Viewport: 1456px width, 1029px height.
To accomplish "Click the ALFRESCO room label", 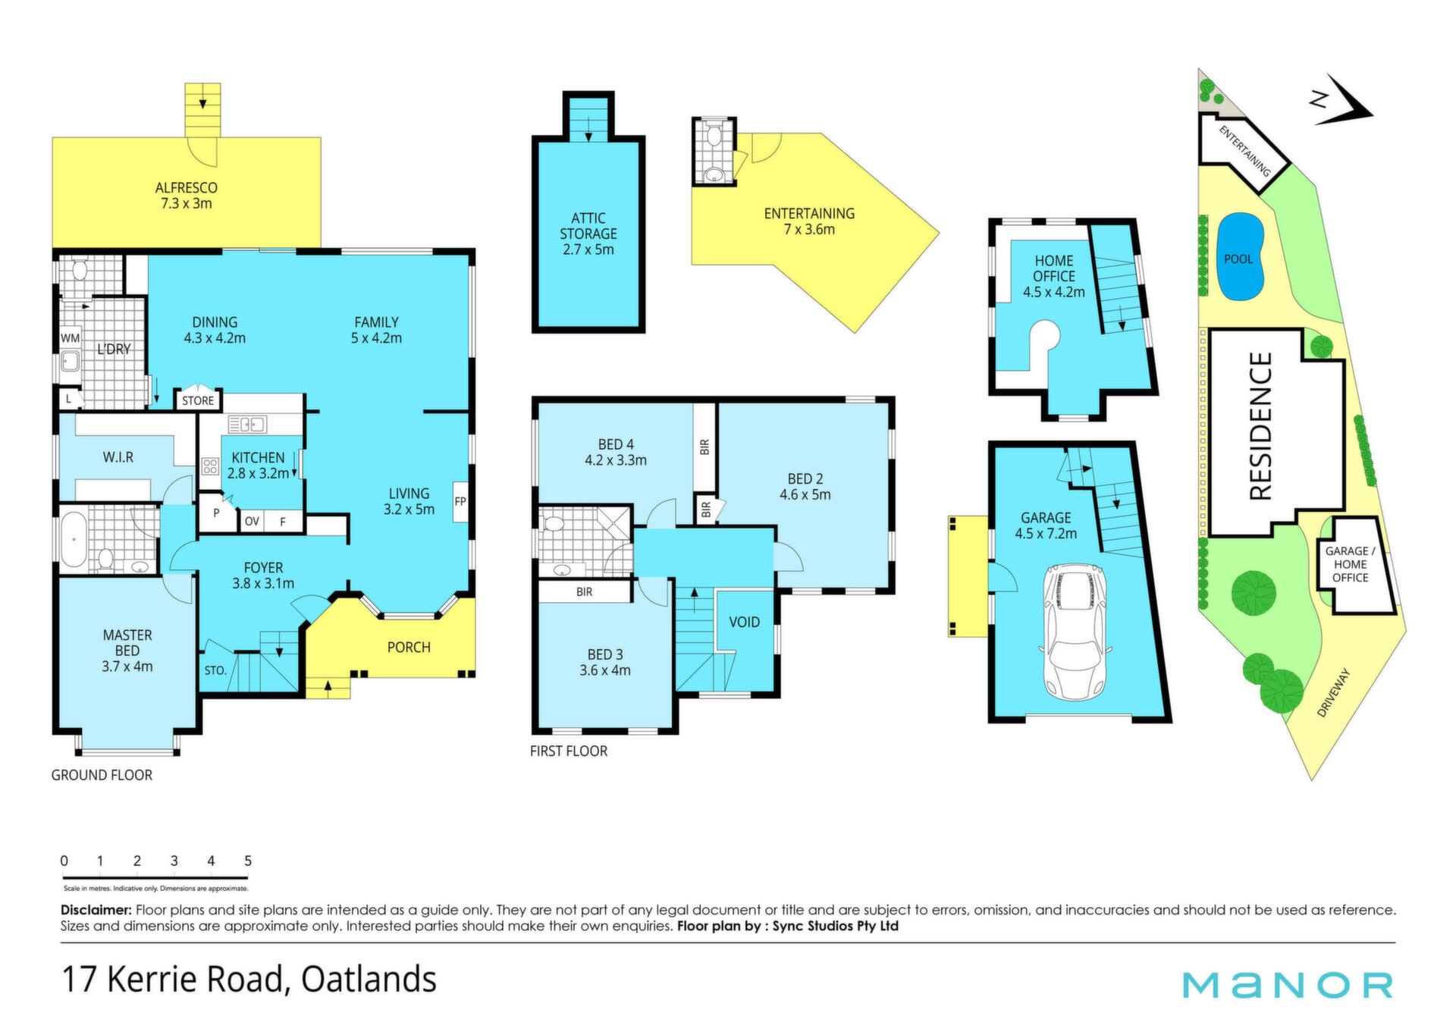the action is (186, 187).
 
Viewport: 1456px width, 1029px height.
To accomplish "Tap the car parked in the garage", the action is (1076, 631).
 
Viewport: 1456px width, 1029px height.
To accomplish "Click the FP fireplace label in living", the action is (460, 501).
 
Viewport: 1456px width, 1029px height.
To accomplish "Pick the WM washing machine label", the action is (70, 338).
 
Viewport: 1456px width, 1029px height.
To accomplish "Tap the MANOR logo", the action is (1288, 984).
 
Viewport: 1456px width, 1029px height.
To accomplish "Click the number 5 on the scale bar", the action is (248, 861).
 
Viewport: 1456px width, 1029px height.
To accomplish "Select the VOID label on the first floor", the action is (744, 622).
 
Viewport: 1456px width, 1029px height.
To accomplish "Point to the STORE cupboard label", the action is (198, 400).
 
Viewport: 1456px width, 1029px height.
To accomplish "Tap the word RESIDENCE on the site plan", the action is (1260, 425).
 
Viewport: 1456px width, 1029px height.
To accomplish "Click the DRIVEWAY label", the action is (1334, 692).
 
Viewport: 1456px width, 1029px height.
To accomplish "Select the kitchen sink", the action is (247, 424).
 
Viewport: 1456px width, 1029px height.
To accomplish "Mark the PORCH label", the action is (409, 647).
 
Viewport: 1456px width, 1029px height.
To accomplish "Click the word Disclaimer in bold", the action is (96, 910).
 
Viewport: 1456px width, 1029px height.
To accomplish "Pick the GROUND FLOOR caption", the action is (102, 775).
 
